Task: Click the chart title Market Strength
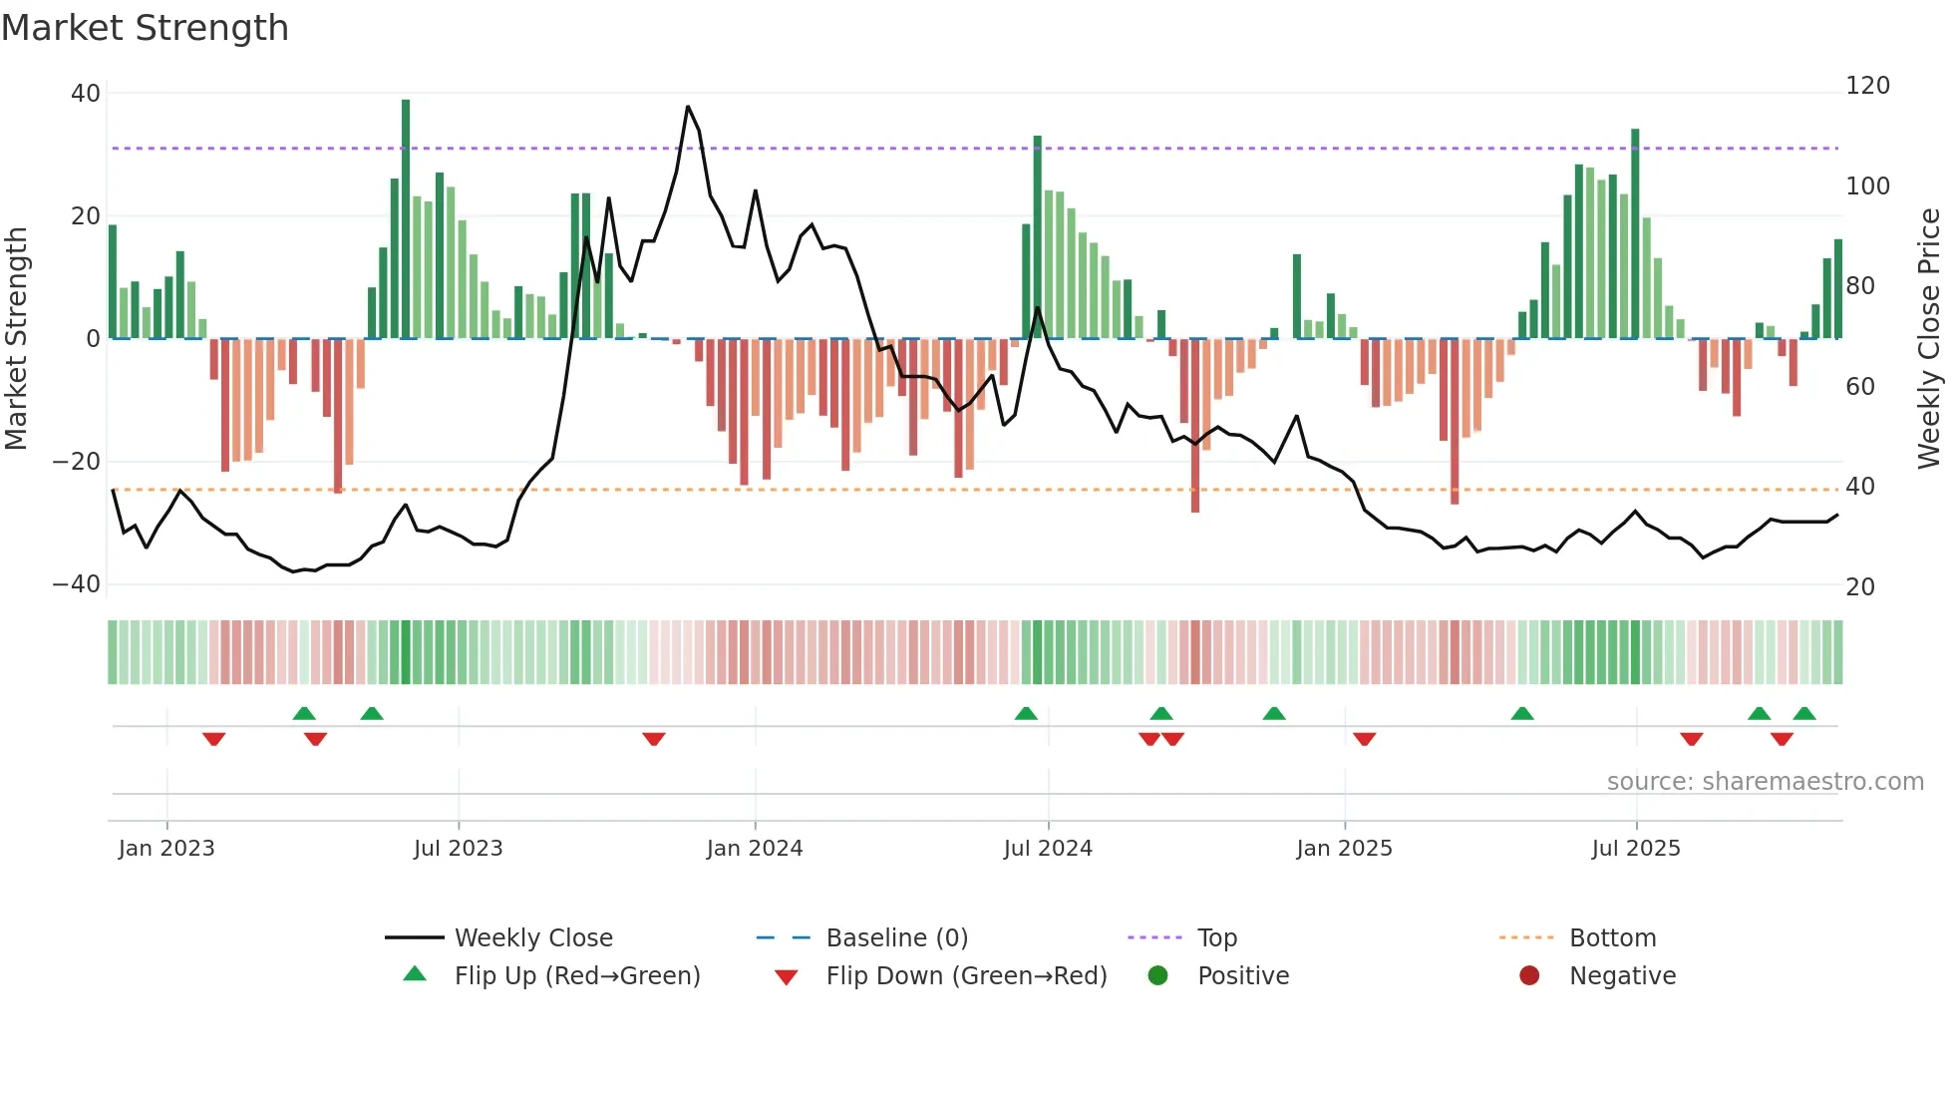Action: pyautogui.click(x=145, y=28)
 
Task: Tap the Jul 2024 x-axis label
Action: pyautogui.click(x=1047, y=849)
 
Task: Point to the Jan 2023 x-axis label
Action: pyautogui.click(x=166, y=849)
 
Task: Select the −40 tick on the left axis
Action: pyautogui.click(x=77, y=584)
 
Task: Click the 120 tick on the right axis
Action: pyautogui.click(x=1866, y=86)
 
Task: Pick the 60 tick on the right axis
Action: pyautogui.click(x=1859, y=387)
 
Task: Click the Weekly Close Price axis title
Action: pyautogui.click(x=1929, y=339)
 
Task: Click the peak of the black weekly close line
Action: pyautogui.click(x=688, y=107)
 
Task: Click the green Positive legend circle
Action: pyautogui.click(x=1157, y=976)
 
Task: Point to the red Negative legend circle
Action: pyautogui.click(x=1529, y=976)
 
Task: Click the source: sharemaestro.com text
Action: pyautogui.click(x=1765, y=782)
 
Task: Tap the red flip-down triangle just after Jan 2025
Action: pyautogui.click(x=1365, y=739)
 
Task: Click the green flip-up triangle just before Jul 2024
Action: pyautogui.click(x=1026, y=713)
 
